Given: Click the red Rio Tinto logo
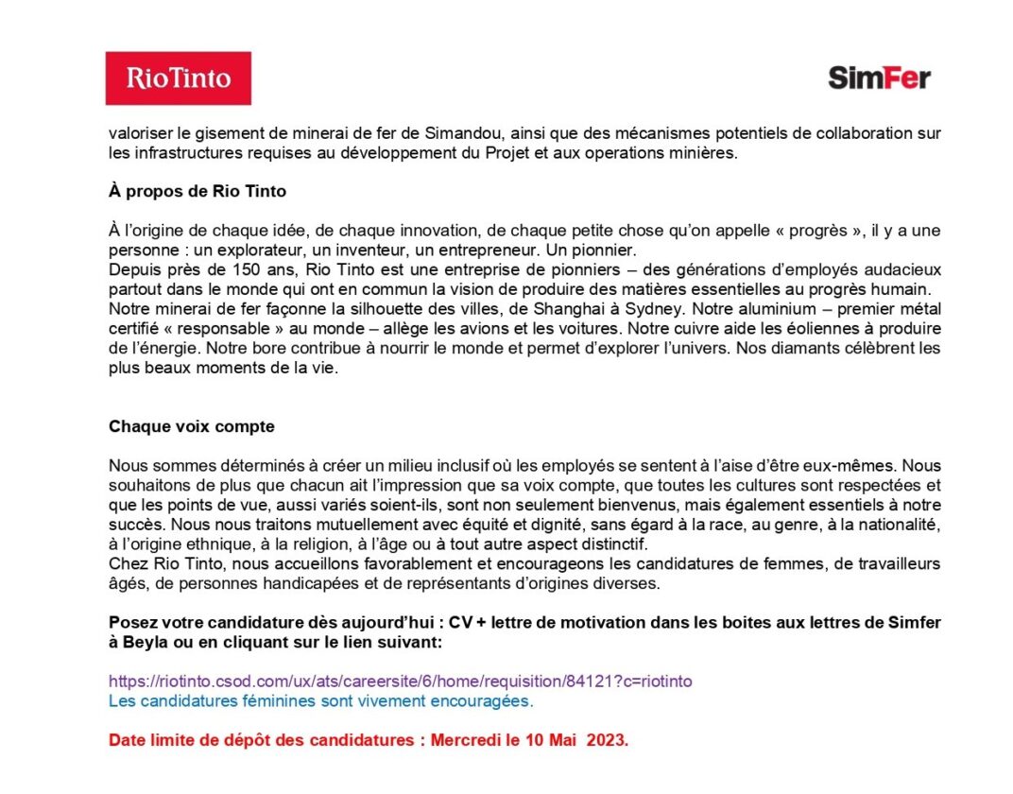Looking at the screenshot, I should click(178, 78).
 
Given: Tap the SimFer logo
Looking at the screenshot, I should click(879, 78).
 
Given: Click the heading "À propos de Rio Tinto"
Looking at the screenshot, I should click(197, 191).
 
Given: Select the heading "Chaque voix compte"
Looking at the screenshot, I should click(192, 426).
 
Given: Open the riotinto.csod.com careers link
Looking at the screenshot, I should click(401, 681).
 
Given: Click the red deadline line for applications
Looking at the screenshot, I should click(369, 740).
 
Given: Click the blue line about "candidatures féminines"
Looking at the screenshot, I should click(321, 701).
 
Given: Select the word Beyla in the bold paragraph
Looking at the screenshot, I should click(146, 642).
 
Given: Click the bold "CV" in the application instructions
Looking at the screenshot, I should click(460, 623).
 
